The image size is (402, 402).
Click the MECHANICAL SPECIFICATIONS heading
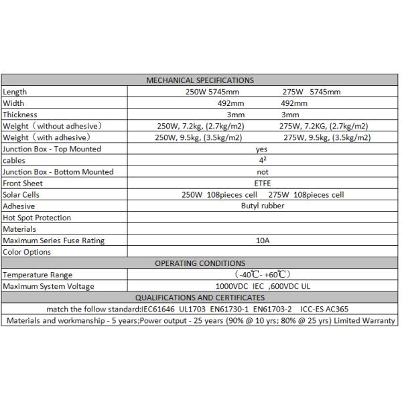(x=200, y=80)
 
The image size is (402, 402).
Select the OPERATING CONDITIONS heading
(x=200, y=263)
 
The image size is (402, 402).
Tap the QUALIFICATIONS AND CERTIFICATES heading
(x=200, y=297)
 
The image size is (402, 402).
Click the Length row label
(x=15, y=92)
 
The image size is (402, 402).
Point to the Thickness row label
(x=19, y=115)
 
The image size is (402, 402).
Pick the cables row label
(x=14, y=161)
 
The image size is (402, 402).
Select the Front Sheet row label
(x=23, y=184)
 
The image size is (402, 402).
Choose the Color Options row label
(x=27, y=252)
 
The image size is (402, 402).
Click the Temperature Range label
(x=38, y=275)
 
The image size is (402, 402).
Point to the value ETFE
(x=262, y=184)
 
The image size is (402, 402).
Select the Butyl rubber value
(x=263, y=206)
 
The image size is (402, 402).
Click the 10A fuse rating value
(x=262, y=241)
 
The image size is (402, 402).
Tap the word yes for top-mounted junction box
(x=262, y=149)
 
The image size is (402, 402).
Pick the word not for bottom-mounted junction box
(x=262, y=172)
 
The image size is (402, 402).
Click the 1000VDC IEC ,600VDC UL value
(x=262, y=286)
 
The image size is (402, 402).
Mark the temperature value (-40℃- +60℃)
(x=262, y=275)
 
